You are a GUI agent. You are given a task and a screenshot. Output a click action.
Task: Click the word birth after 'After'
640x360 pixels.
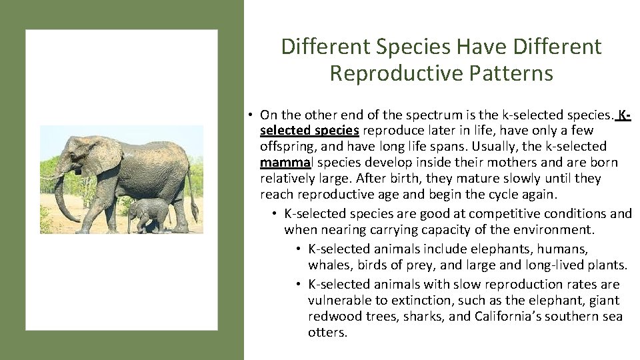coord(404,179)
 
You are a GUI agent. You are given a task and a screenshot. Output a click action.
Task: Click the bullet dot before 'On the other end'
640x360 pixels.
coord(247,114)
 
